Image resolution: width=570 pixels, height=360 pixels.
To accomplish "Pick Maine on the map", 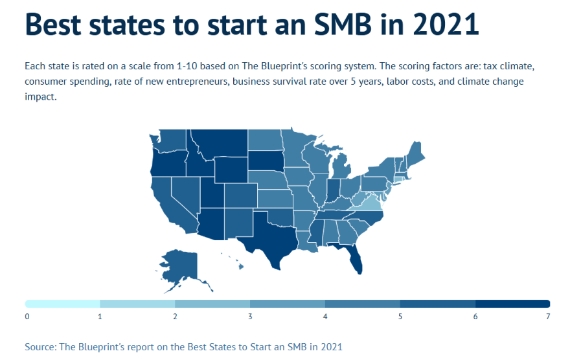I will [415, 156].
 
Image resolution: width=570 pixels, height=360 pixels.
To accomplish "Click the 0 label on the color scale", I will [27, 317].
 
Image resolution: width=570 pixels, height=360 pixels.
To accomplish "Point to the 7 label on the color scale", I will [548, 317].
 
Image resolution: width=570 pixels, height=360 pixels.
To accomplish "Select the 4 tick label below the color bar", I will [325, 317].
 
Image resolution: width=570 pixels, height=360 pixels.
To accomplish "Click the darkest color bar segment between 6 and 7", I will [512, 304].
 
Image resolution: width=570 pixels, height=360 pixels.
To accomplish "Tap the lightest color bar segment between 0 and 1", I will [63, 304].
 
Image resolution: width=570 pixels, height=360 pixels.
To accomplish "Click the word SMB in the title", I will [350, 24].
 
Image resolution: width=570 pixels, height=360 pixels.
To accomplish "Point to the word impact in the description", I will [40, 97].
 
